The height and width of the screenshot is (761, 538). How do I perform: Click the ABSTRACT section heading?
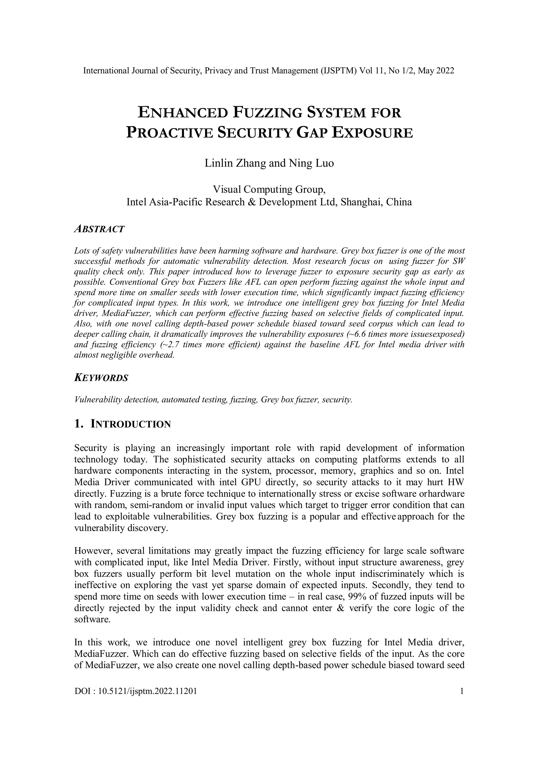click(x=99, y=229)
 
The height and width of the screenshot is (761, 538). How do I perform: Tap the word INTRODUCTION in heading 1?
click(x=131, y=424)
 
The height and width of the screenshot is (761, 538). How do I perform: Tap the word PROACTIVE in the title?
click(x=169, y=133)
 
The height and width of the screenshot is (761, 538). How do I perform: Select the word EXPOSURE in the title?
click(x=372, y=133)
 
